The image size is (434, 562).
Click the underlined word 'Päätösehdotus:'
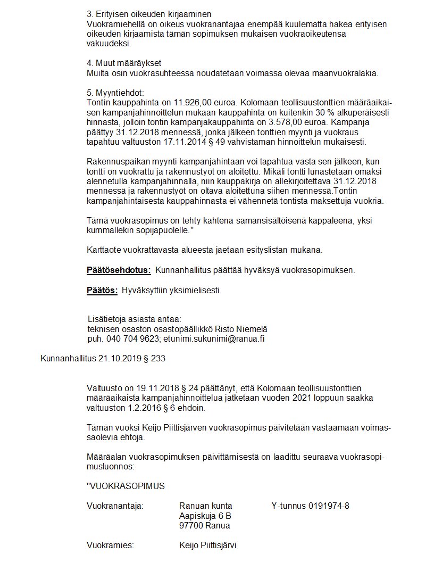(119, 270)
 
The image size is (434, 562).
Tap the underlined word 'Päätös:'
(102, 290)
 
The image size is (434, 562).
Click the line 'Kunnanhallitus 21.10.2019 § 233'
(103, 358)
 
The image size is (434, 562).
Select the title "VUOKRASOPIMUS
(126, 485)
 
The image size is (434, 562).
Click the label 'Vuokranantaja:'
(115, 506)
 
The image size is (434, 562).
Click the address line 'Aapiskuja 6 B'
(205, 516)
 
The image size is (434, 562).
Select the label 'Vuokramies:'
(110, 546)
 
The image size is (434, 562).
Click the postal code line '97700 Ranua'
(205, 525)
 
